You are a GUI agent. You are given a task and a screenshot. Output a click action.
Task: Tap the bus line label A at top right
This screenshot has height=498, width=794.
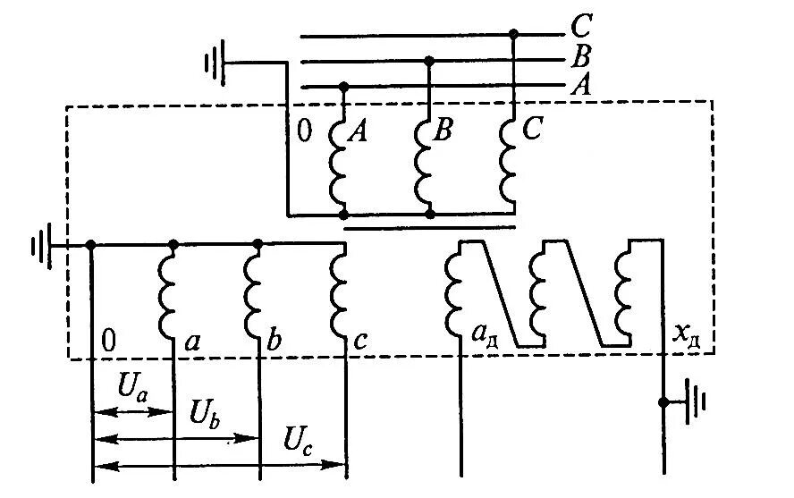click(580, 86)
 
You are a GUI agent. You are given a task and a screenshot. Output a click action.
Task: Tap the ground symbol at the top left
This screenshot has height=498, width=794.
click(213, 63)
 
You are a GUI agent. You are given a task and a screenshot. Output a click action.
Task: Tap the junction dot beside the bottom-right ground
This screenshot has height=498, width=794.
click(663, 402)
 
